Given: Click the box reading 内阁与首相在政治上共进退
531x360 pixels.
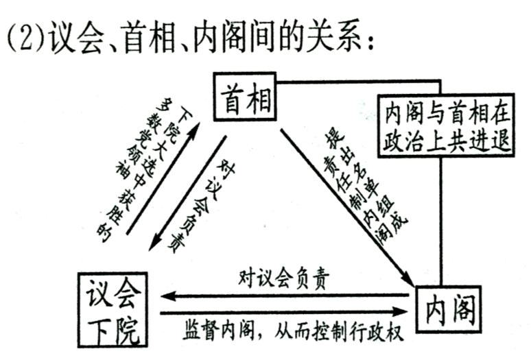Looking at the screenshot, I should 446,125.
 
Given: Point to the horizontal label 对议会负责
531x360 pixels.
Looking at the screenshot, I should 284,278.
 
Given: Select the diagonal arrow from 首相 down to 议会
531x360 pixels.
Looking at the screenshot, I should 188,192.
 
